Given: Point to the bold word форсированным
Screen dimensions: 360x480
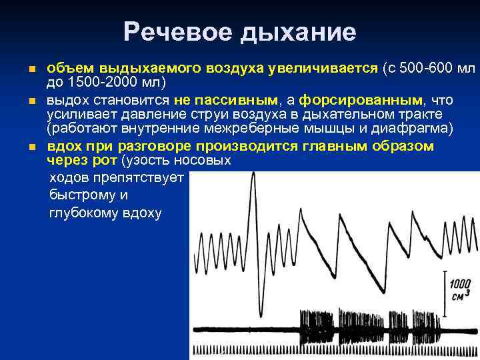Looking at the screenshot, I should (x=360, y=100).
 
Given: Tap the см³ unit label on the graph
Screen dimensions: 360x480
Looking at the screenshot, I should (x=461, y=295).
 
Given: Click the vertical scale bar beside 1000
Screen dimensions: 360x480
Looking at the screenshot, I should (x=445, y=287).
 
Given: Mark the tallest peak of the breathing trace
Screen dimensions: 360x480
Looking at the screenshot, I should (x=253, y=175).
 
